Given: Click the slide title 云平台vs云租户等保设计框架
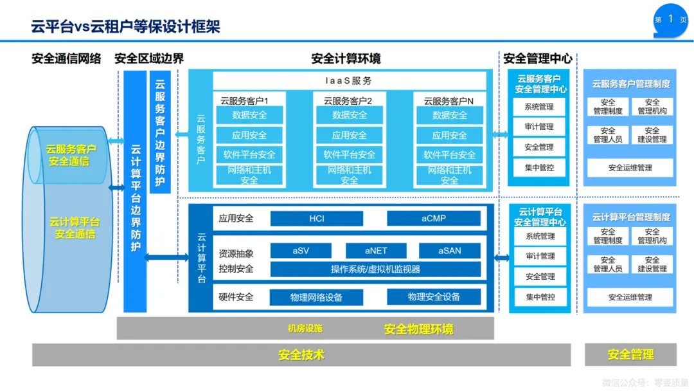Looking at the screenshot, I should coord(125,26).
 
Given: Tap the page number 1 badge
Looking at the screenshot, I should coord(670,19).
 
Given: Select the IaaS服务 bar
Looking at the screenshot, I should coord(349,81).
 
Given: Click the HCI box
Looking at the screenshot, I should coord(317,219).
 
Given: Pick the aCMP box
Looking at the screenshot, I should coord(434,219).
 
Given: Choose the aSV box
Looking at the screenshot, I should coord(301,251).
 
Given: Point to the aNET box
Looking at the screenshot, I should coord(376,251).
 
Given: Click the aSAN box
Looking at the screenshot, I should coord(450,251).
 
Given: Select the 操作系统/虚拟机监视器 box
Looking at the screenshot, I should coord(375,269).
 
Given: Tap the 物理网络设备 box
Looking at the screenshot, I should coord(316,297).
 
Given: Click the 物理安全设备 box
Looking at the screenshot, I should coord(434,297).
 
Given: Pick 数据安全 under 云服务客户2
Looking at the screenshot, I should coord(350,115).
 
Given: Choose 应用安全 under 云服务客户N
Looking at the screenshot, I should coord(449,135).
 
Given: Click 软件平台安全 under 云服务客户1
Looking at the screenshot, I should coord(249,155).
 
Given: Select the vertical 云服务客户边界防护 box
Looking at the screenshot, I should coord(160,132).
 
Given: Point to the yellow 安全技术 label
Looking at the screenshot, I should coord(301,354).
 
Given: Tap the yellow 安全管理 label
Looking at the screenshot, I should coord(630,354).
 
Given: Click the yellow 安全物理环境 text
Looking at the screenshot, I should coord(418,329).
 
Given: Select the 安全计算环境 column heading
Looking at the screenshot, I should coord(346,59).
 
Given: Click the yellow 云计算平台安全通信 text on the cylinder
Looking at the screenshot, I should coord(75,228).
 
